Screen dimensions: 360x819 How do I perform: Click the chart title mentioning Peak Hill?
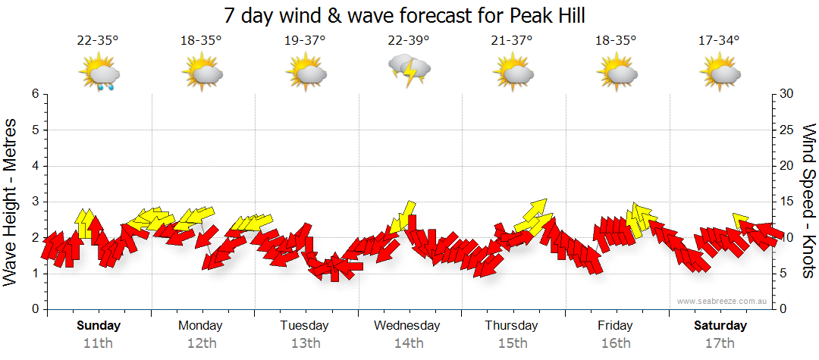point(405,15)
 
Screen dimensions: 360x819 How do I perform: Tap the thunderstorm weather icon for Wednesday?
point(409,70)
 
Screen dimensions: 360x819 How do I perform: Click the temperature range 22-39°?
point(409,40)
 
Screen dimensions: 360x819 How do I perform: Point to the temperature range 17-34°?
point(719,40)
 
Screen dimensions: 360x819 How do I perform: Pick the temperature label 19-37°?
point(305,40)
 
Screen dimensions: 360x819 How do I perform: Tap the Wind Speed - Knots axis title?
point(808,201)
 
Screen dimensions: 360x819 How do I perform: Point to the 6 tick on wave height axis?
point(35,94)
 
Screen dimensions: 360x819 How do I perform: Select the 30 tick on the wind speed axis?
point(786,94)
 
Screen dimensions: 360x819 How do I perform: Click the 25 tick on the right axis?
point(786,130)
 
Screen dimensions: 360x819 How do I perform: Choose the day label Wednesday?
point(406,326)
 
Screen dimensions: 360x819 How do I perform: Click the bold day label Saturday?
point(720,326)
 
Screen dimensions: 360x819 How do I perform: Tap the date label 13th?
point(305,343)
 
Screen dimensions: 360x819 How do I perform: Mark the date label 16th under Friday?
point(615,343)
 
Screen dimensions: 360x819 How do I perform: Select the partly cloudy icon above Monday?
point(202,74)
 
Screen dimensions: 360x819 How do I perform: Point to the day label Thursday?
point(511,326)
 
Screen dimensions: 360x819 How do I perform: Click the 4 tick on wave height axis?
point(35,166)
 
